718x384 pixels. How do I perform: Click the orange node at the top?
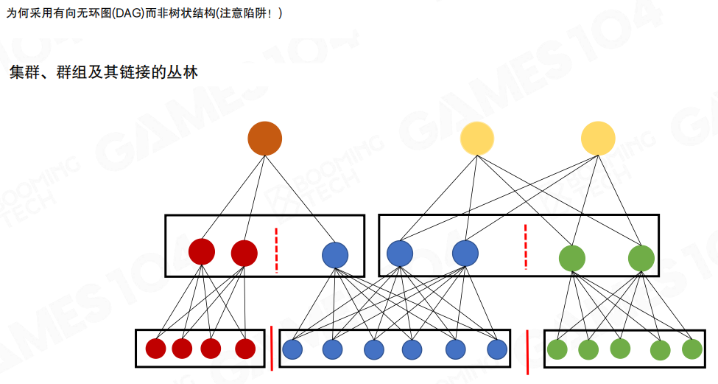264,138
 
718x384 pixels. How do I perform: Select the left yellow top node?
477,139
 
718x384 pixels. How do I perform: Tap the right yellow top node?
597,139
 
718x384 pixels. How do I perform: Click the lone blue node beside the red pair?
335,255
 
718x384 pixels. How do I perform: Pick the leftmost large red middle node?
202,252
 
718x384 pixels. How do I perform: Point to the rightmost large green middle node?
641,258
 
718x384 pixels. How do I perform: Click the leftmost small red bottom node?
155,349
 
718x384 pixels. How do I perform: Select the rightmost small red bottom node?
245,349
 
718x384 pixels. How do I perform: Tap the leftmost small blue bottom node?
292,349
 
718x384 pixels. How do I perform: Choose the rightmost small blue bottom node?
497,349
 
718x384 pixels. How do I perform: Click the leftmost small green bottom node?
557,349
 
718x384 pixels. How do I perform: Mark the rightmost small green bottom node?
691,349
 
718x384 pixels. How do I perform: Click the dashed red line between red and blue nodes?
276,250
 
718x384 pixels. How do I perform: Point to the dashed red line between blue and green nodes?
525,248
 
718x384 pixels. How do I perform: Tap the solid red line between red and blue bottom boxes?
271,348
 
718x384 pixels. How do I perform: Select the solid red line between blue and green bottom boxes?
527,352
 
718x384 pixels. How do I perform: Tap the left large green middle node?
571,258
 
